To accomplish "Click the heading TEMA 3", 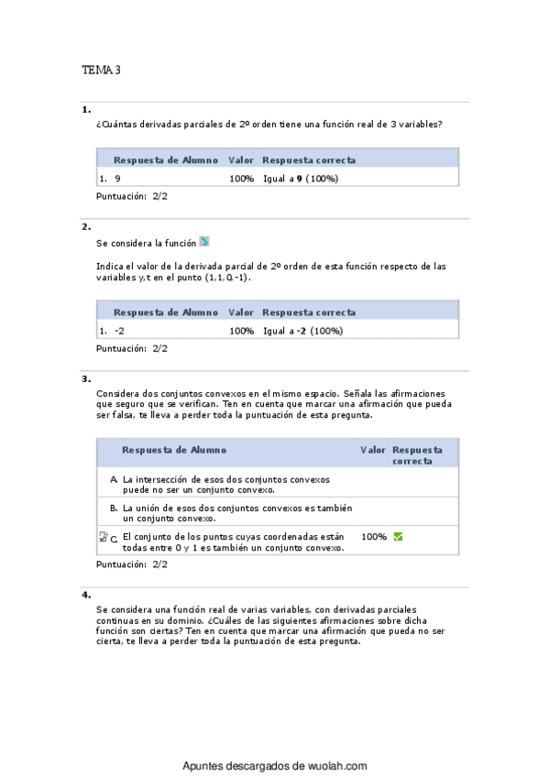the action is coord(101,70).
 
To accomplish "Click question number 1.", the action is coord(86,110).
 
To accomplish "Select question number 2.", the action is coord(86,226).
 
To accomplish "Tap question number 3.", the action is coord(86,378).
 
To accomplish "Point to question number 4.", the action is coord(86,595).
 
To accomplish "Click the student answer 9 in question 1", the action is coord(117,179).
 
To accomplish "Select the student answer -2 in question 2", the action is coord(119,331).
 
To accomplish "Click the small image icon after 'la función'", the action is coord(204,242).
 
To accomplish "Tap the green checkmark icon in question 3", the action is coord(398,536).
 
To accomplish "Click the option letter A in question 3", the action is coord(113,479).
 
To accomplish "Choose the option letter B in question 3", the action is coord(113,508).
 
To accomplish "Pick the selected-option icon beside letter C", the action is coord(103,537).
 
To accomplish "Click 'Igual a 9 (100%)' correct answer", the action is coord(301,179).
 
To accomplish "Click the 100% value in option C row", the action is coord(374,536).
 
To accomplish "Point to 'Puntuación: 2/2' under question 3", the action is coord(132,564).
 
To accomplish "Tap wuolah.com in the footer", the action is coord(338,766).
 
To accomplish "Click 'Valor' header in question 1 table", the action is coord(241,159).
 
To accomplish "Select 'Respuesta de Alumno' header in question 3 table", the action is coord(174,450).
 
